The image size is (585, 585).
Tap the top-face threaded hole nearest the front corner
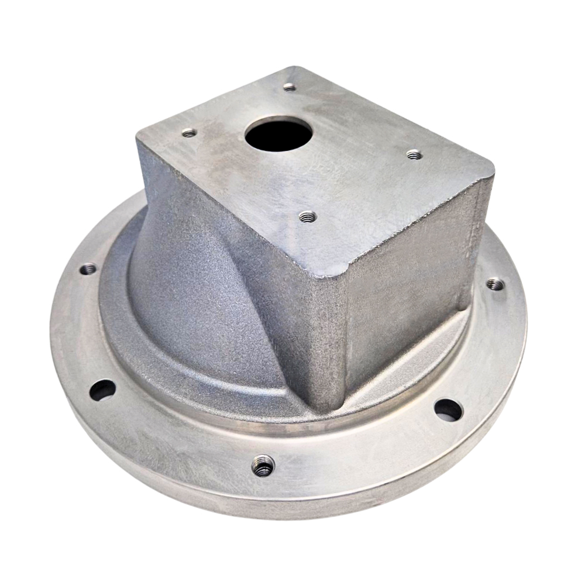click(305, 217)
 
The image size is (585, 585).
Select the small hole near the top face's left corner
click(189, 133)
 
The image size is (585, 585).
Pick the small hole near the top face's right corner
click(414, 154)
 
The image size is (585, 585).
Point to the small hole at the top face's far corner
click(290, 87)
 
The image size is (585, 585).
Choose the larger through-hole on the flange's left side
click(102, 390)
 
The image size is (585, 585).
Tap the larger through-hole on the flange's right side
click(448, 410)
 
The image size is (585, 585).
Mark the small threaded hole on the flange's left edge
click(88, 269)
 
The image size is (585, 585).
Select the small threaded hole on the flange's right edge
click(495, 285)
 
